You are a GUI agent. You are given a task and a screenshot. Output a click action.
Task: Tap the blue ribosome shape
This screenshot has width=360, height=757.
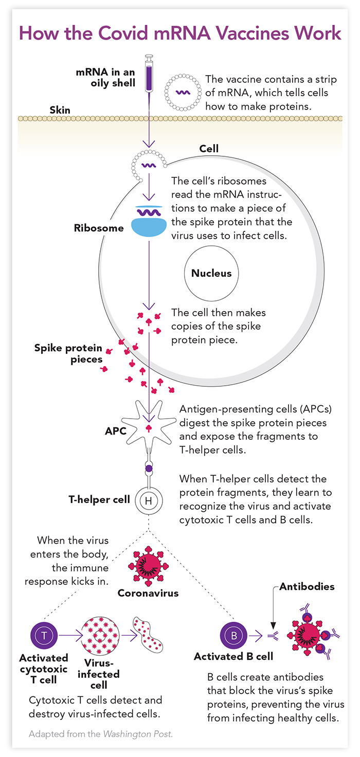(149, 225)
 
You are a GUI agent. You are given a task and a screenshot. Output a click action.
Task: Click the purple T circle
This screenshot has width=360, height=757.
(44, 636)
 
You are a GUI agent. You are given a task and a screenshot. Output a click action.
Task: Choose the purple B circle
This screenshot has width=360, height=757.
(233, 636)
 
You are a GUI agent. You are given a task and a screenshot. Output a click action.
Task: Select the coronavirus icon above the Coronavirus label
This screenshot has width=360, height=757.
(149, 564)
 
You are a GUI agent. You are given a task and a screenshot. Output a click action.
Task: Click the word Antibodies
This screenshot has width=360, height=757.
(307, 586)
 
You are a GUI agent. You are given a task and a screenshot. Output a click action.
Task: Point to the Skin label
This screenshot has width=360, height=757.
(60, 110)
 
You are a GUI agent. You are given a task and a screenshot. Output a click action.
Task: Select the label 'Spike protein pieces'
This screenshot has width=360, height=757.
(68, 354)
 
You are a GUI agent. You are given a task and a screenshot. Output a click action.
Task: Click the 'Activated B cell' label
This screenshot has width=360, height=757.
(233, 657)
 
